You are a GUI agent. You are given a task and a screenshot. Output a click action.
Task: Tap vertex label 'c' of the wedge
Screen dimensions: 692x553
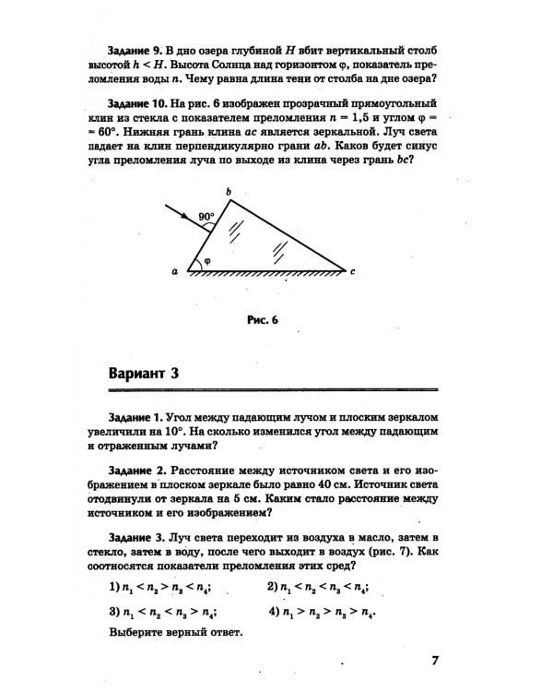point(352,271)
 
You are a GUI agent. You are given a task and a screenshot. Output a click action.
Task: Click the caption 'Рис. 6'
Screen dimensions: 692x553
point(263,320)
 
